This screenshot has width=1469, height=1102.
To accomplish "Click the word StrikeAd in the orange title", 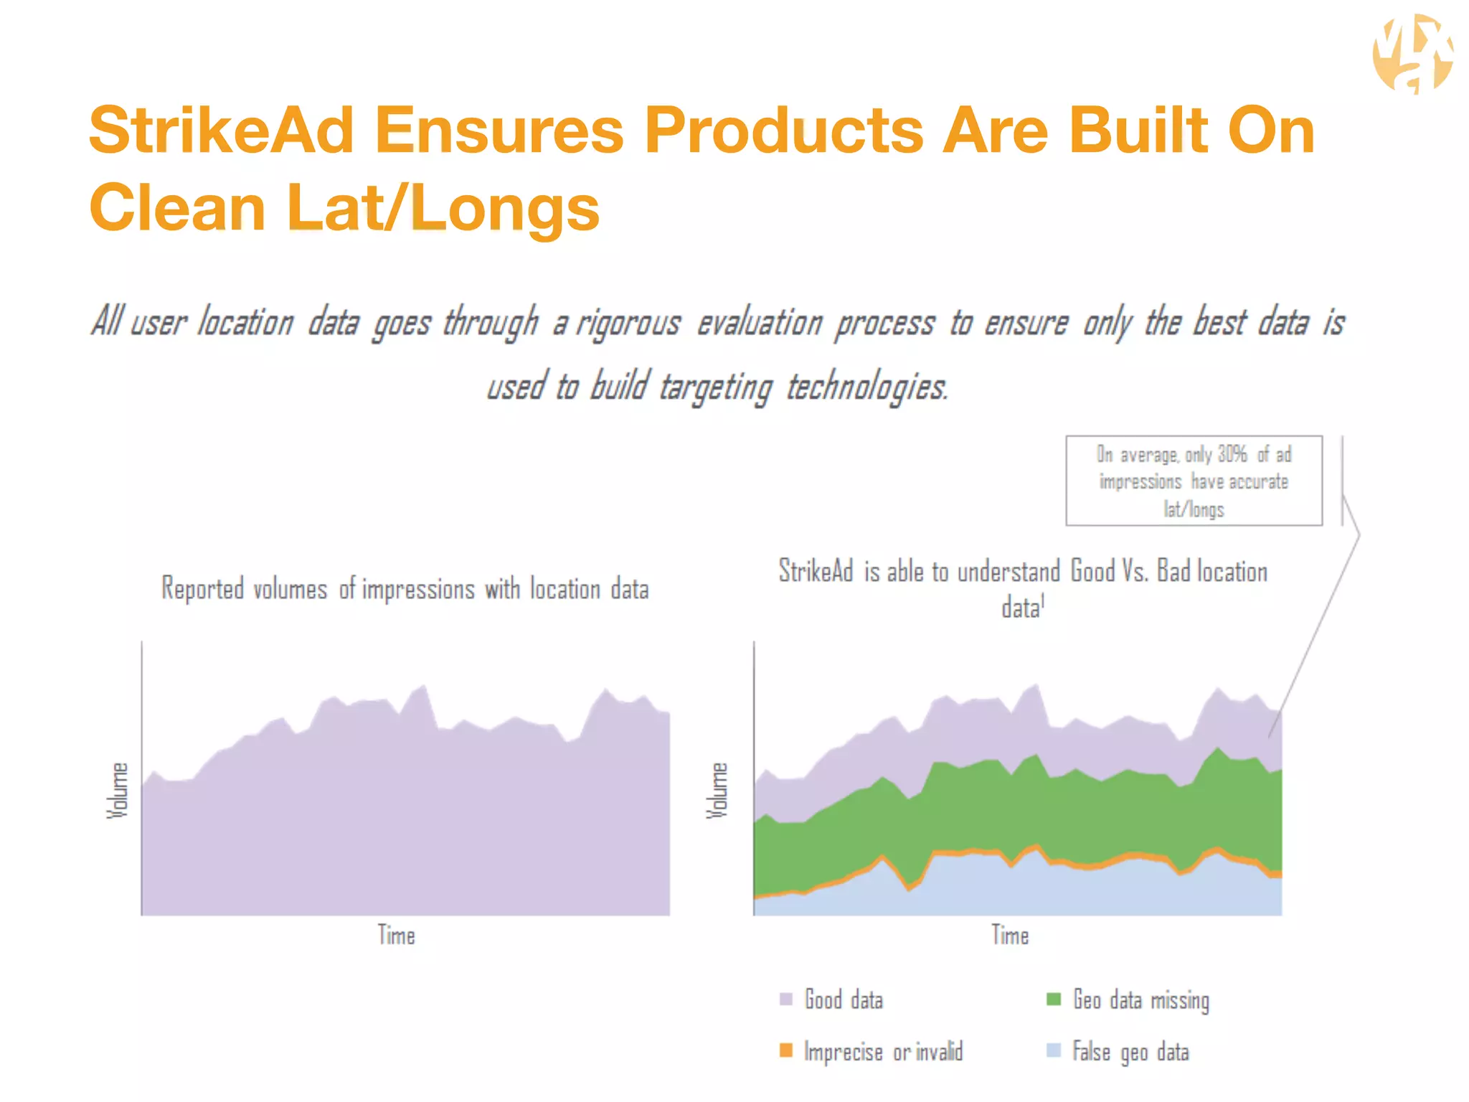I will (221, 131).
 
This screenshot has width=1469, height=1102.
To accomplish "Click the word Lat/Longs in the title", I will (443, 208).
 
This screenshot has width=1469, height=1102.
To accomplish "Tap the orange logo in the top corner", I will (1412, 55).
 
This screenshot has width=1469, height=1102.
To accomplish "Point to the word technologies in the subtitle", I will (866, 387).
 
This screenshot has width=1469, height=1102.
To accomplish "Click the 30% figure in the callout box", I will (1232, 454).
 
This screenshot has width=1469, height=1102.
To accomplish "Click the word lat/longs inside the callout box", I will (1194, 509).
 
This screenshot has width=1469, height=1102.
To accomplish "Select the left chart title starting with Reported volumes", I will (405, 589).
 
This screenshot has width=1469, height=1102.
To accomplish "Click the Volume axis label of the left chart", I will (118, 790).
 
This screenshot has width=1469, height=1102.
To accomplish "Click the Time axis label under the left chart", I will (397, 936).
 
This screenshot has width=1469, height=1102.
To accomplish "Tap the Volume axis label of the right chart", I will (717, 790).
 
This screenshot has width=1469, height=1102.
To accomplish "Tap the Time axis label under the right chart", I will (1010, 936).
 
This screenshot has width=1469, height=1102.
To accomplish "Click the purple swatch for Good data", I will (786, 999).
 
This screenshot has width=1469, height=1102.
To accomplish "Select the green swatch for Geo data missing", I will (1054, 999).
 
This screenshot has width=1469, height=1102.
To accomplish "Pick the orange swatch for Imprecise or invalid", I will (786, 1050).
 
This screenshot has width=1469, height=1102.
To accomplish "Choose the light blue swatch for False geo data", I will (1054, 1050).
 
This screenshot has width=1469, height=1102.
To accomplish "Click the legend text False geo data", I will (1130, 1052).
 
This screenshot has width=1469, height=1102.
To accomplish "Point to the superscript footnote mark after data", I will (1043, 601).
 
